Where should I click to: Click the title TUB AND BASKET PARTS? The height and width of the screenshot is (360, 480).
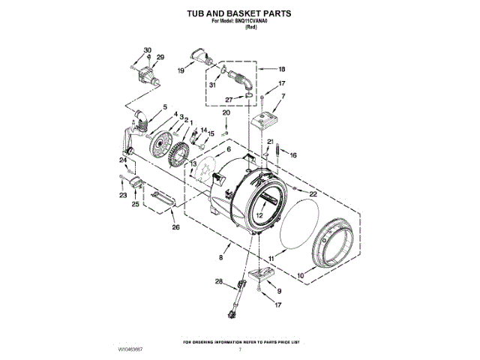239,13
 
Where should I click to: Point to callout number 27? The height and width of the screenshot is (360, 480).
229,98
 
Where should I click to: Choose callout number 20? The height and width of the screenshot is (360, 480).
226,112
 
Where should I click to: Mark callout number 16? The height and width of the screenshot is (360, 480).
294,154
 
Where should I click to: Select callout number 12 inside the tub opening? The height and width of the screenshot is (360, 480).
258,214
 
